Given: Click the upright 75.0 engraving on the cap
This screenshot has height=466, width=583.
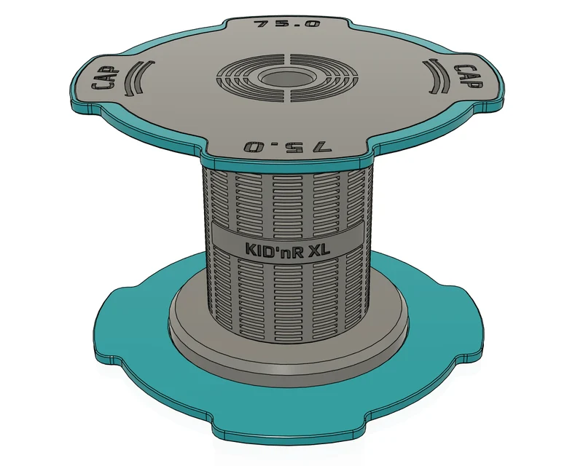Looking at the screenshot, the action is coord(286,24).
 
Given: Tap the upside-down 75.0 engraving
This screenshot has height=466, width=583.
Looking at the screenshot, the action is coord(287,146).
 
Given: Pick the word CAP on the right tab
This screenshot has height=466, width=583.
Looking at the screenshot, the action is coord(467,76).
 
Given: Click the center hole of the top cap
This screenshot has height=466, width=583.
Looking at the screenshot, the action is coord(286,79).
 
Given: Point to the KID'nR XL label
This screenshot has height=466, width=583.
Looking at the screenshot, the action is coord(287,248).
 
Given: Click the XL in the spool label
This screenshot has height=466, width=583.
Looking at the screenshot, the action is coord(319,249).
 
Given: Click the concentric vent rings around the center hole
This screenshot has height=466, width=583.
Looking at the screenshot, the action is coord(286,79).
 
